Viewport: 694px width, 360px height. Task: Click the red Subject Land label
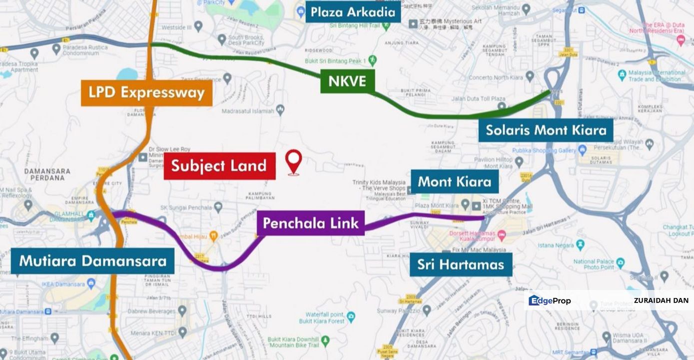(x=219, y=166)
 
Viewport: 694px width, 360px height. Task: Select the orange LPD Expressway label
(x=146, y=92)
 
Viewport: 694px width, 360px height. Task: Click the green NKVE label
(x=347, y=80)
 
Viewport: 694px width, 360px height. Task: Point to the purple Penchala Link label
(x=311, y=223)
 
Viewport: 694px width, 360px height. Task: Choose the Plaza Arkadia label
(x=353, y=11)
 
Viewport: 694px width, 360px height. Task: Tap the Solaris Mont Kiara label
(x=546, y=130)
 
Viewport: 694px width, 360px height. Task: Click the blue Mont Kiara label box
(x=454, y=181)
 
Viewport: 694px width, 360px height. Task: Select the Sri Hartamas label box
(x=461, y=264)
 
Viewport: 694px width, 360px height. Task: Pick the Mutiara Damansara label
(x=92, y=261)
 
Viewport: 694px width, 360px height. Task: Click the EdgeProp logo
(x=550, y=300)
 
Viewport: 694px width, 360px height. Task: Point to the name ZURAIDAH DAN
(x=661, y=300)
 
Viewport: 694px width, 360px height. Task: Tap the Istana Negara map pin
(x=580, y=244)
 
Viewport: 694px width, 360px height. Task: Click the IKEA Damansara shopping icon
(x=91, y=284)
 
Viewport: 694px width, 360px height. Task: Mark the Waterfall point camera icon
(x=351, y=316)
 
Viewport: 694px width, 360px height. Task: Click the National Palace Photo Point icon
(x=621, y=262)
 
